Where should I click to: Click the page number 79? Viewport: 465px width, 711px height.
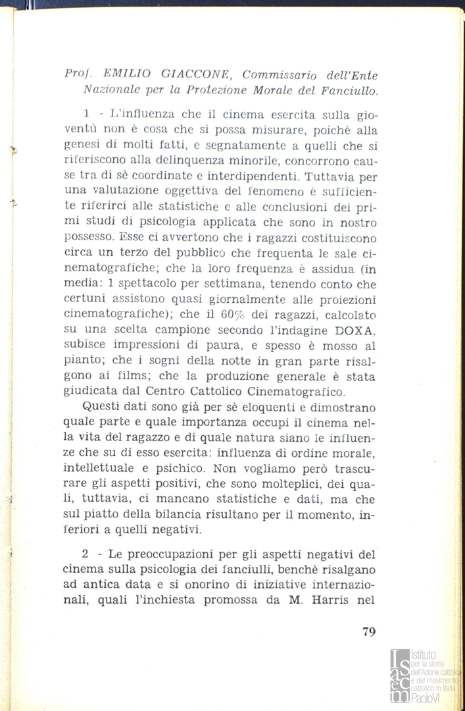click(369, 632)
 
